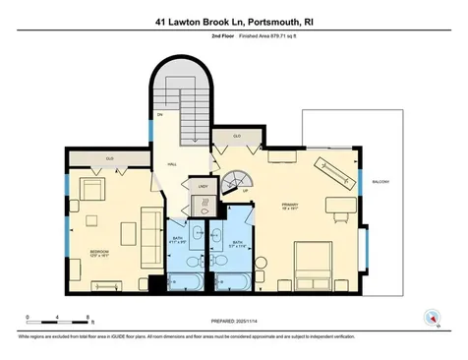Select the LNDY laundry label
(205, 187)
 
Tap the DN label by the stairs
(159, 115)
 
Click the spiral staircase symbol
(236, 181)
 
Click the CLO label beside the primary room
(237, 136)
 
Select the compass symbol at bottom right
(430, 317)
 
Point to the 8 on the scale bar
(89, 318)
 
